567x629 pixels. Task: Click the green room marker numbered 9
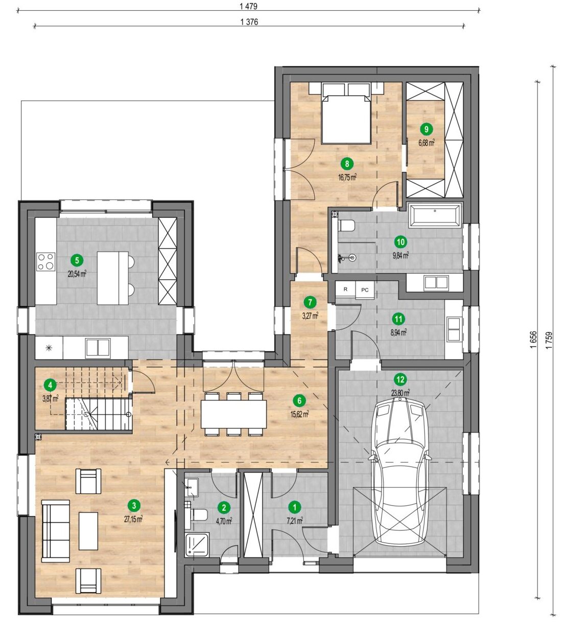(426, 129)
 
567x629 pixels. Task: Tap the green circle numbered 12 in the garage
(400, 380)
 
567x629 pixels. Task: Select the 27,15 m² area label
(133, 519)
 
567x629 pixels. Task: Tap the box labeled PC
(365, 290)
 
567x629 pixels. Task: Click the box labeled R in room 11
(345, 289)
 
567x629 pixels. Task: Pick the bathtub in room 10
(435, 215)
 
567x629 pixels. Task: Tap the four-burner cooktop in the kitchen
(46, 262)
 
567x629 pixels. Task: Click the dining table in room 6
(233, 415)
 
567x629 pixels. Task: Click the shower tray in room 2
(197, 545)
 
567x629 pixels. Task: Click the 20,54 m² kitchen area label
(77, 275)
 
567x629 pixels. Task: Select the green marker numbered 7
(310, 302)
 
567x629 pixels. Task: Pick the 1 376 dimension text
(249, 22)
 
